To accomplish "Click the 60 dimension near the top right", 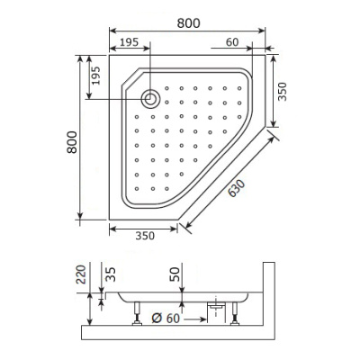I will (x=232, y=42).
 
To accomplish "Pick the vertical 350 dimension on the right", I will (x=282, y=93).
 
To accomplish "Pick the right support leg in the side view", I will (x=237, y=314).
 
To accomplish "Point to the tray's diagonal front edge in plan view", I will (x=223, y=175).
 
